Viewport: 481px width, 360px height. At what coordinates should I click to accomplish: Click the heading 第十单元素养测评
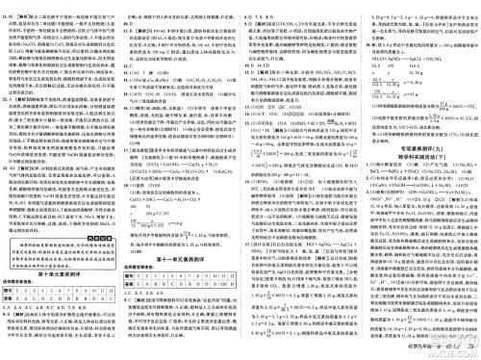point(57,275)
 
